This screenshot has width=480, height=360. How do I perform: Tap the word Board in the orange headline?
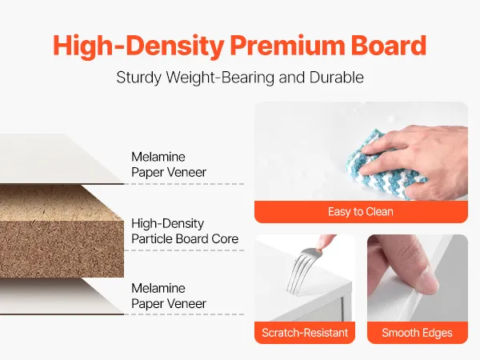coord(389,46)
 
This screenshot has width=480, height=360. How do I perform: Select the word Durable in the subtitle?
coord(337,77)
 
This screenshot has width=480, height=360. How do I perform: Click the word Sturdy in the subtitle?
coord(138,78)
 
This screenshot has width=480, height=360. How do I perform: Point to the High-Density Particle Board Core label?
coord(185,231)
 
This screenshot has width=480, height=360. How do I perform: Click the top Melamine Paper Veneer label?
coord(169,164)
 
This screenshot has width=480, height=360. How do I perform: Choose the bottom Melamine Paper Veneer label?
coord(169,296)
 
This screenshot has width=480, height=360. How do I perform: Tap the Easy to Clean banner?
coord(361,211)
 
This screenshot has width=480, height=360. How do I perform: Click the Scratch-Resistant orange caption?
coord(305,333)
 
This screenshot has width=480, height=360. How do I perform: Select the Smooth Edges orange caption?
coord(418,333)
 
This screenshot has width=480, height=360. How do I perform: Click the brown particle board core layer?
coord(62,232)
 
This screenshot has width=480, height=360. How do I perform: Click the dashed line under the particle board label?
coord(184,250)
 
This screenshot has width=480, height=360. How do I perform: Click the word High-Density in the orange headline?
coord(138,46)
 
